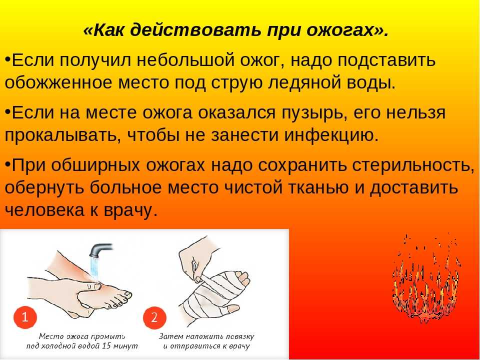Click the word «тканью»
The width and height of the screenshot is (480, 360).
coord(318,187)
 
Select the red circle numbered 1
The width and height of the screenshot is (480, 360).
coord(25,317)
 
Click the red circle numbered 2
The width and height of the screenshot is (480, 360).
coord(154,317)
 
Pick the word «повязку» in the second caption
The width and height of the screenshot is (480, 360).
coord(240,336)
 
